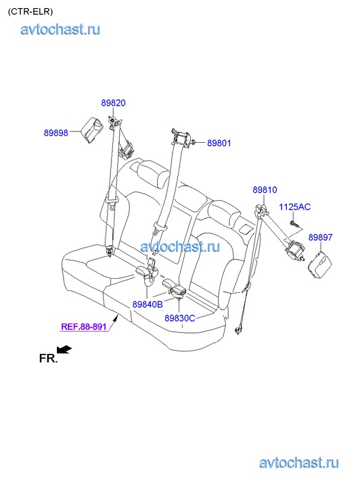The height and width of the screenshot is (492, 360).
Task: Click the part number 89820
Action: [x=113, y=103]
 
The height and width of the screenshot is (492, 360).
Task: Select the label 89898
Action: [x=56, y=133]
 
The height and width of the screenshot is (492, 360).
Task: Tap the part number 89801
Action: [x=219, y=143]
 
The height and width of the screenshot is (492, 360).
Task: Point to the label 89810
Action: [x=265, y=190]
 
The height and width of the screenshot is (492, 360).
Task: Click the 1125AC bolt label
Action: [x=295, y=207]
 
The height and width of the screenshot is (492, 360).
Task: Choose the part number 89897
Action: [x=320, y=238]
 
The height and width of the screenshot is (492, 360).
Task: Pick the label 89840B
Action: [x=148, y=304]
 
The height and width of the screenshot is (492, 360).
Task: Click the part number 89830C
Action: [x=180, y=318]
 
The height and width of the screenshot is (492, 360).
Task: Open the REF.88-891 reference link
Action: [x=84, y=326]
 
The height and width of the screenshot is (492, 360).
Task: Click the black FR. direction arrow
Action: [x=64, y=350]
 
